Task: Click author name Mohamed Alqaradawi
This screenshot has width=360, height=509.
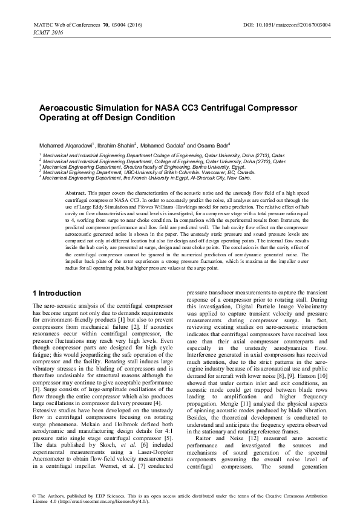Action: tap(59, 146)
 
